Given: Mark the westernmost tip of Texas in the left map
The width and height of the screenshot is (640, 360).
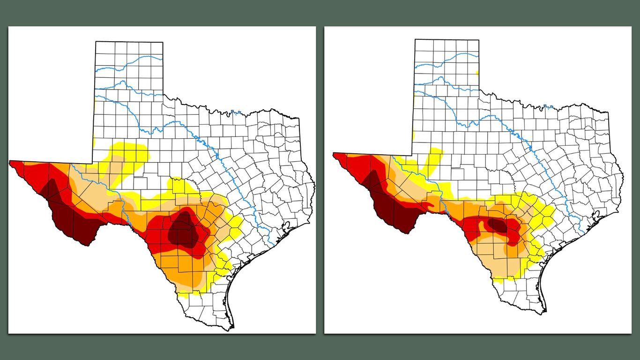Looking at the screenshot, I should pyautogui.click(x=10, y=162).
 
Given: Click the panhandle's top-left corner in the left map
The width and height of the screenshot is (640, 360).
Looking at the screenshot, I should pyautogui.click(x=96, y=42).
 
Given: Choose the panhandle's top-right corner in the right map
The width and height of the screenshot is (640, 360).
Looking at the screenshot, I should pyautogui.click(x=479, y=40).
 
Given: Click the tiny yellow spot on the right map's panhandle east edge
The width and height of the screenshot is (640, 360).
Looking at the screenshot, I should pyautogui.click(x=477, y=73).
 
